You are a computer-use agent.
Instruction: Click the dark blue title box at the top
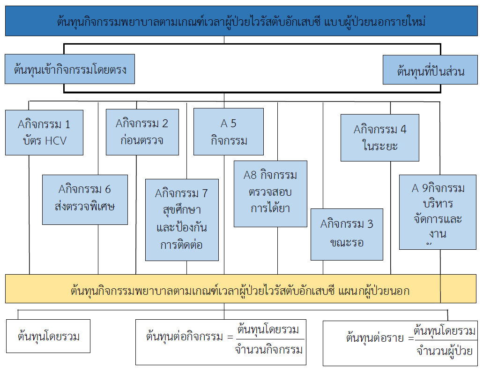241,22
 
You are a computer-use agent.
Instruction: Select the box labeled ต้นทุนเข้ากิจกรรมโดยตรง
70,69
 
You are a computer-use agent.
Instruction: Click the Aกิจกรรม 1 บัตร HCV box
44,132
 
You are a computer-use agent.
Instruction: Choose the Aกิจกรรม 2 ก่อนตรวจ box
142,132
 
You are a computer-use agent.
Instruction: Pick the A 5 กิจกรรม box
229,131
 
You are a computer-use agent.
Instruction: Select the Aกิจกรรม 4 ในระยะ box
379,137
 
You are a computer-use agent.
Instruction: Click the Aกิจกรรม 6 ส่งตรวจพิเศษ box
85,200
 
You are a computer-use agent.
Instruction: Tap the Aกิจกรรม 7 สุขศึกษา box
182,220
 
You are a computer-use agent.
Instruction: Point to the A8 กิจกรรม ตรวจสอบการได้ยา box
270,194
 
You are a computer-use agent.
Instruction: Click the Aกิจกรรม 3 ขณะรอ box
347,234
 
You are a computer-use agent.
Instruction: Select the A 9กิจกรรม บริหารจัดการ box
438,212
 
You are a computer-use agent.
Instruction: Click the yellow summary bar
241,288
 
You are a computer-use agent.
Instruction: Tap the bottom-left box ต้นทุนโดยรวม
49,336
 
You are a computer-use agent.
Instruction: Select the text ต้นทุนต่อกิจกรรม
184,337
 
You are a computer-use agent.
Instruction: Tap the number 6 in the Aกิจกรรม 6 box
108,189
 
